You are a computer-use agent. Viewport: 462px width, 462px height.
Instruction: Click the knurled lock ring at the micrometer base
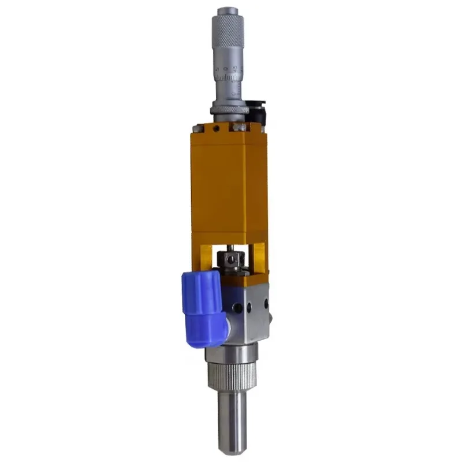[229, 107]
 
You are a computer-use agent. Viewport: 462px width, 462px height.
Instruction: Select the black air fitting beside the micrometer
[255, 110]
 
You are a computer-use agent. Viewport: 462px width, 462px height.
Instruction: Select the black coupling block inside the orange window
[232, 263]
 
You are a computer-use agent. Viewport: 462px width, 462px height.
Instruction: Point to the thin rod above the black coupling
[230, 249]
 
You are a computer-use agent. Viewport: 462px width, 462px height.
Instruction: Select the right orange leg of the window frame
[259, 257]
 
